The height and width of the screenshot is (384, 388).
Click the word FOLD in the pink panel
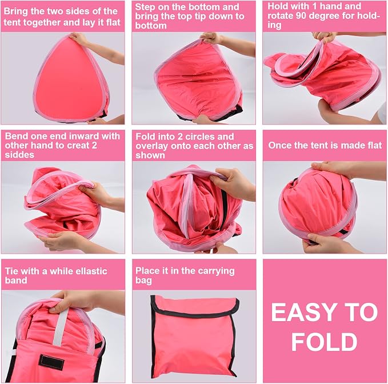pyautogui.click(x=325, y=342)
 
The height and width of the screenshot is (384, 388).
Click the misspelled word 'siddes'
pyautogui.click(x=19, y=155)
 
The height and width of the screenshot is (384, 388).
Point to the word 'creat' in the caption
pyautogui.click(x=78, y=146)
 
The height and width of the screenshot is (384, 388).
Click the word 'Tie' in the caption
pyautogui.click(x=11, y=271)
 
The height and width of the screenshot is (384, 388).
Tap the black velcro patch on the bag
pyautogui.click(x=51, y=362)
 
